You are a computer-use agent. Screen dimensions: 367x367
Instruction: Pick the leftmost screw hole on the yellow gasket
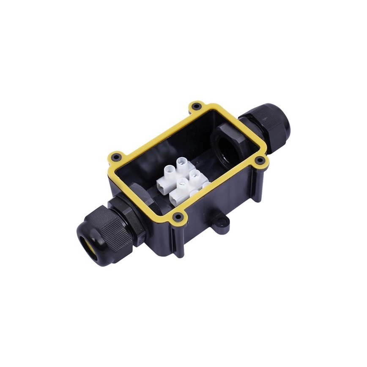pyautogui.click(x=116, y=158)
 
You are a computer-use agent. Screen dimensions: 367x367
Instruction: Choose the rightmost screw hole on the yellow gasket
pyautogui.click(x=260, y=160)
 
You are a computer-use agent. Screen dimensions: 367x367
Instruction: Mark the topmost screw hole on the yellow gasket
pyautogui.click(x=196, y=104)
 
